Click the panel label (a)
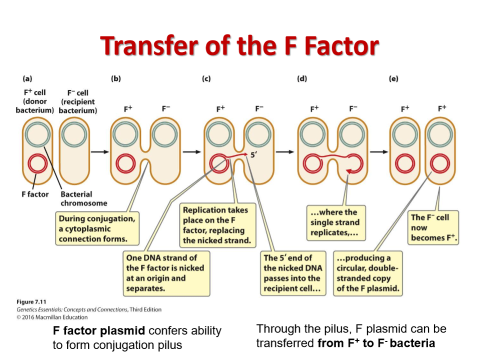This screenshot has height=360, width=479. [x=27, y=78]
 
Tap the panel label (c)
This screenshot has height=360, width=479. [x=206, y=78]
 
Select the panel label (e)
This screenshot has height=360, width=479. [x=393, y=78]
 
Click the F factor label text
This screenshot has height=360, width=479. [x=35, y=194]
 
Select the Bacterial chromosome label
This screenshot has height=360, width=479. [x=83, y=198]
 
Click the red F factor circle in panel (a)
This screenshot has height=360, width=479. [x=37, y=163]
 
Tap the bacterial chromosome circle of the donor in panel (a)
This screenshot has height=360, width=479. [x=37, y=134]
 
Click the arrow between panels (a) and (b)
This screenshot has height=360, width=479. [x=100, y=151]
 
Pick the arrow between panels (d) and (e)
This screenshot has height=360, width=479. [x=379, y=151]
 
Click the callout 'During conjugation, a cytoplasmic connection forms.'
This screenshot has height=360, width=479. [x=97, y=228]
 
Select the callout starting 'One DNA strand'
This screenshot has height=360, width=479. [x=166, y=273]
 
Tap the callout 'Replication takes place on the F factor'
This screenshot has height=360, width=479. [x=217, y=225]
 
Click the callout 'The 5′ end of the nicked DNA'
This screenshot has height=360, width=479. [x=293, y=273]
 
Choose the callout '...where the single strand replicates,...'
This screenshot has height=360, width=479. [x=336, y=223]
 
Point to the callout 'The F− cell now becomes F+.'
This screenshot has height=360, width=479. [x=433, y=227]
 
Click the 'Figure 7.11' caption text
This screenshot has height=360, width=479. [x=31, y=302]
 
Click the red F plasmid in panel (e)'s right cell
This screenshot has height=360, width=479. [x=440, y=163]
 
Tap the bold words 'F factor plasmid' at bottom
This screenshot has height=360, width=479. [x=99, y=330]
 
